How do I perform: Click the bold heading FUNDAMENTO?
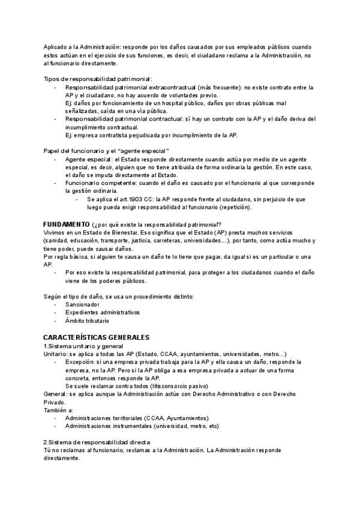click(x=66, y=223)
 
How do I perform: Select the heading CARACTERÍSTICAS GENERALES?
click(x=96, y=337)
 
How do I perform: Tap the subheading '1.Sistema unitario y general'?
click(x=83, y=346)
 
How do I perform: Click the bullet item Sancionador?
click(x=82, y=304)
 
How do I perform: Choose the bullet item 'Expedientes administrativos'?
click(x=102, y=313)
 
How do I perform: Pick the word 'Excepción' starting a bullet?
click(x=80, y=363)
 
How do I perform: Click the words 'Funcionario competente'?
click(x=100, y=182)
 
